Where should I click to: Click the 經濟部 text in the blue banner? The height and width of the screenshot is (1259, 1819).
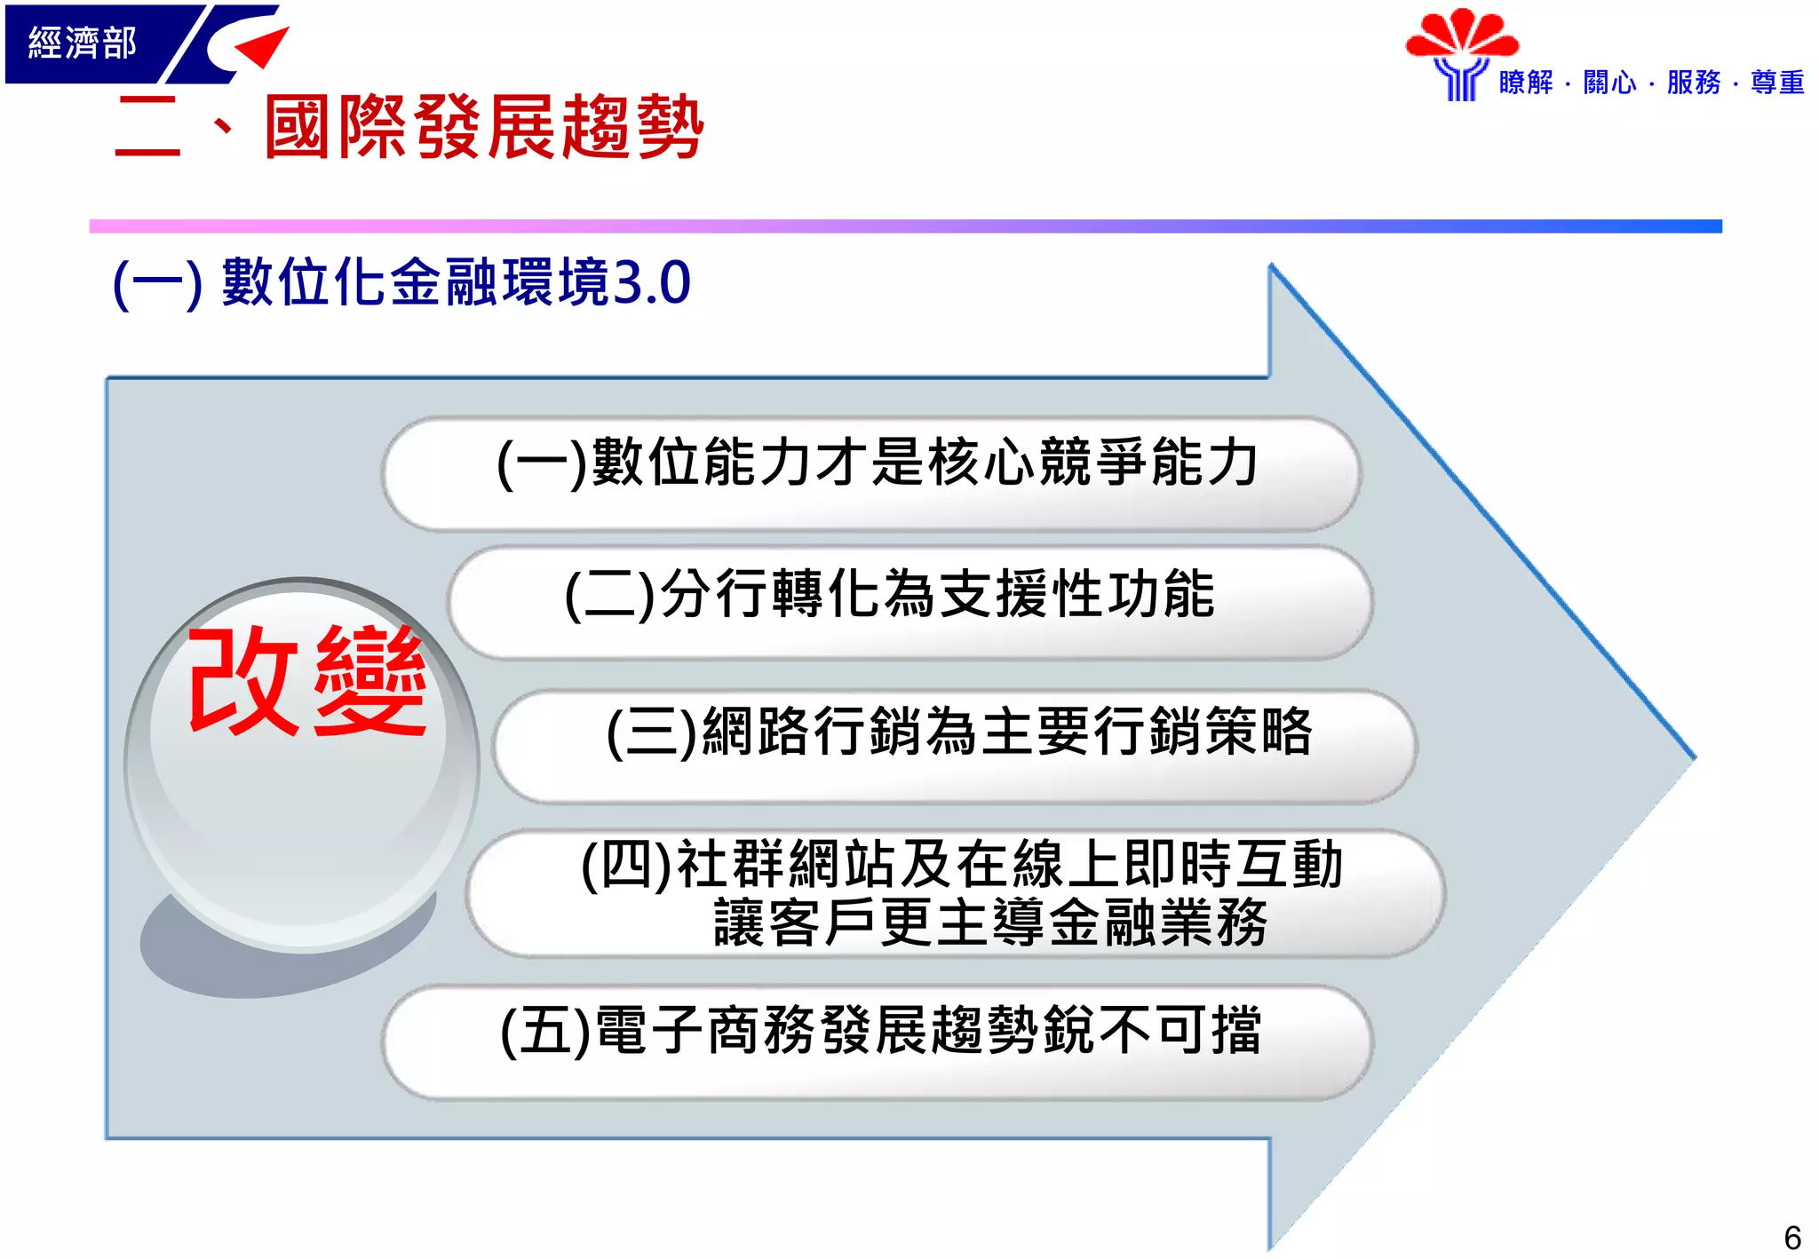pos(82,43)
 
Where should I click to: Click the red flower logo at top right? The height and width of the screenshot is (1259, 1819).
pos(1462,36)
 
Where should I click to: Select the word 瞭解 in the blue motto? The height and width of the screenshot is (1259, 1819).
pos(1526,83)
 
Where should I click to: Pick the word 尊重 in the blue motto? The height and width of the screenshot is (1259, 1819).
pos(1777,83)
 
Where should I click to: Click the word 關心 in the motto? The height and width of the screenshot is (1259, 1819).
pos(1609,83)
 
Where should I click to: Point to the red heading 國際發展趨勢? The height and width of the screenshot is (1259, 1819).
pos(484,128)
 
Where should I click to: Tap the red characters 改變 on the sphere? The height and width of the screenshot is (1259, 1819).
pos(306,681)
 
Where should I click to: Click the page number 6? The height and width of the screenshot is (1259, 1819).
pos(1791,1238)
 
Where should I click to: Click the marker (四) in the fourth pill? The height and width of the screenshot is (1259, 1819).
pos(626,864)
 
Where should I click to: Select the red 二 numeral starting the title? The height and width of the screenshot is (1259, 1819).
pos(147,128)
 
